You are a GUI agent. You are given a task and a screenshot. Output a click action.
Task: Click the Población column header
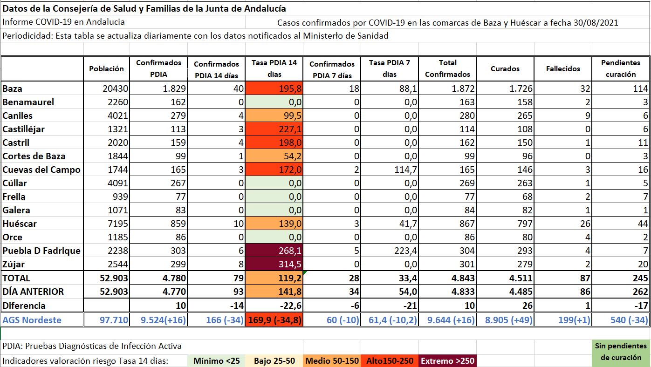tap(107, 68)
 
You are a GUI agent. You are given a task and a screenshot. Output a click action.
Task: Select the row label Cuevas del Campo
tap(41, 170)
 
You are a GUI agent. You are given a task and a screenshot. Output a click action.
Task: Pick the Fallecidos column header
tap(563, 68)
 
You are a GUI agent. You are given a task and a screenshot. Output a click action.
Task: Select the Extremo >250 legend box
tap(447, 360)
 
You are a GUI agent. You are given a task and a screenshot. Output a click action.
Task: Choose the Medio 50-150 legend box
tap(332, 360)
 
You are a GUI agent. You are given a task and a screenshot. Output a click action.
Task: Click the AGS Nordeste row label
tap(32, 320)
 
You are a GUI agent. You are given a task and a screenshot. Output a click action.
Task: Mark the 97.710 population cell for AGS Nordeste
tap(115, 320)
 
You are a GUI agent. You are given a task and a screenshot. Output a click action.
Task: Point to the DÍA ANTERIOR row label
tap(33, 292)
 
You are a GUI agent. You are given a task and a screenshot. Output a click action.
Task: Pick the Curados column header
tap(505, 68)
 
